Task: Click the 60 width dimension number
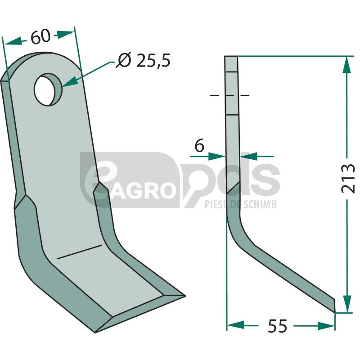[40, 37]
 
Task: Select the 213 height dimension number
[347, 178]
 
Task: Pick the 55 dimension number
[277, 326]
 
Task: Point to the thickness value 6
[199, 145]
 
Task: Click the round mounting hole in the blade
[48, 90]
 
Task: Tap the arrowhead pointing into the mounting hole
[69, 82]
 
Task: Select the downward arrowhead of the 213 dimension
[347, 303]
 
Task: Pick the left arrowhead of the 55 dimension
[235, 325]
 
